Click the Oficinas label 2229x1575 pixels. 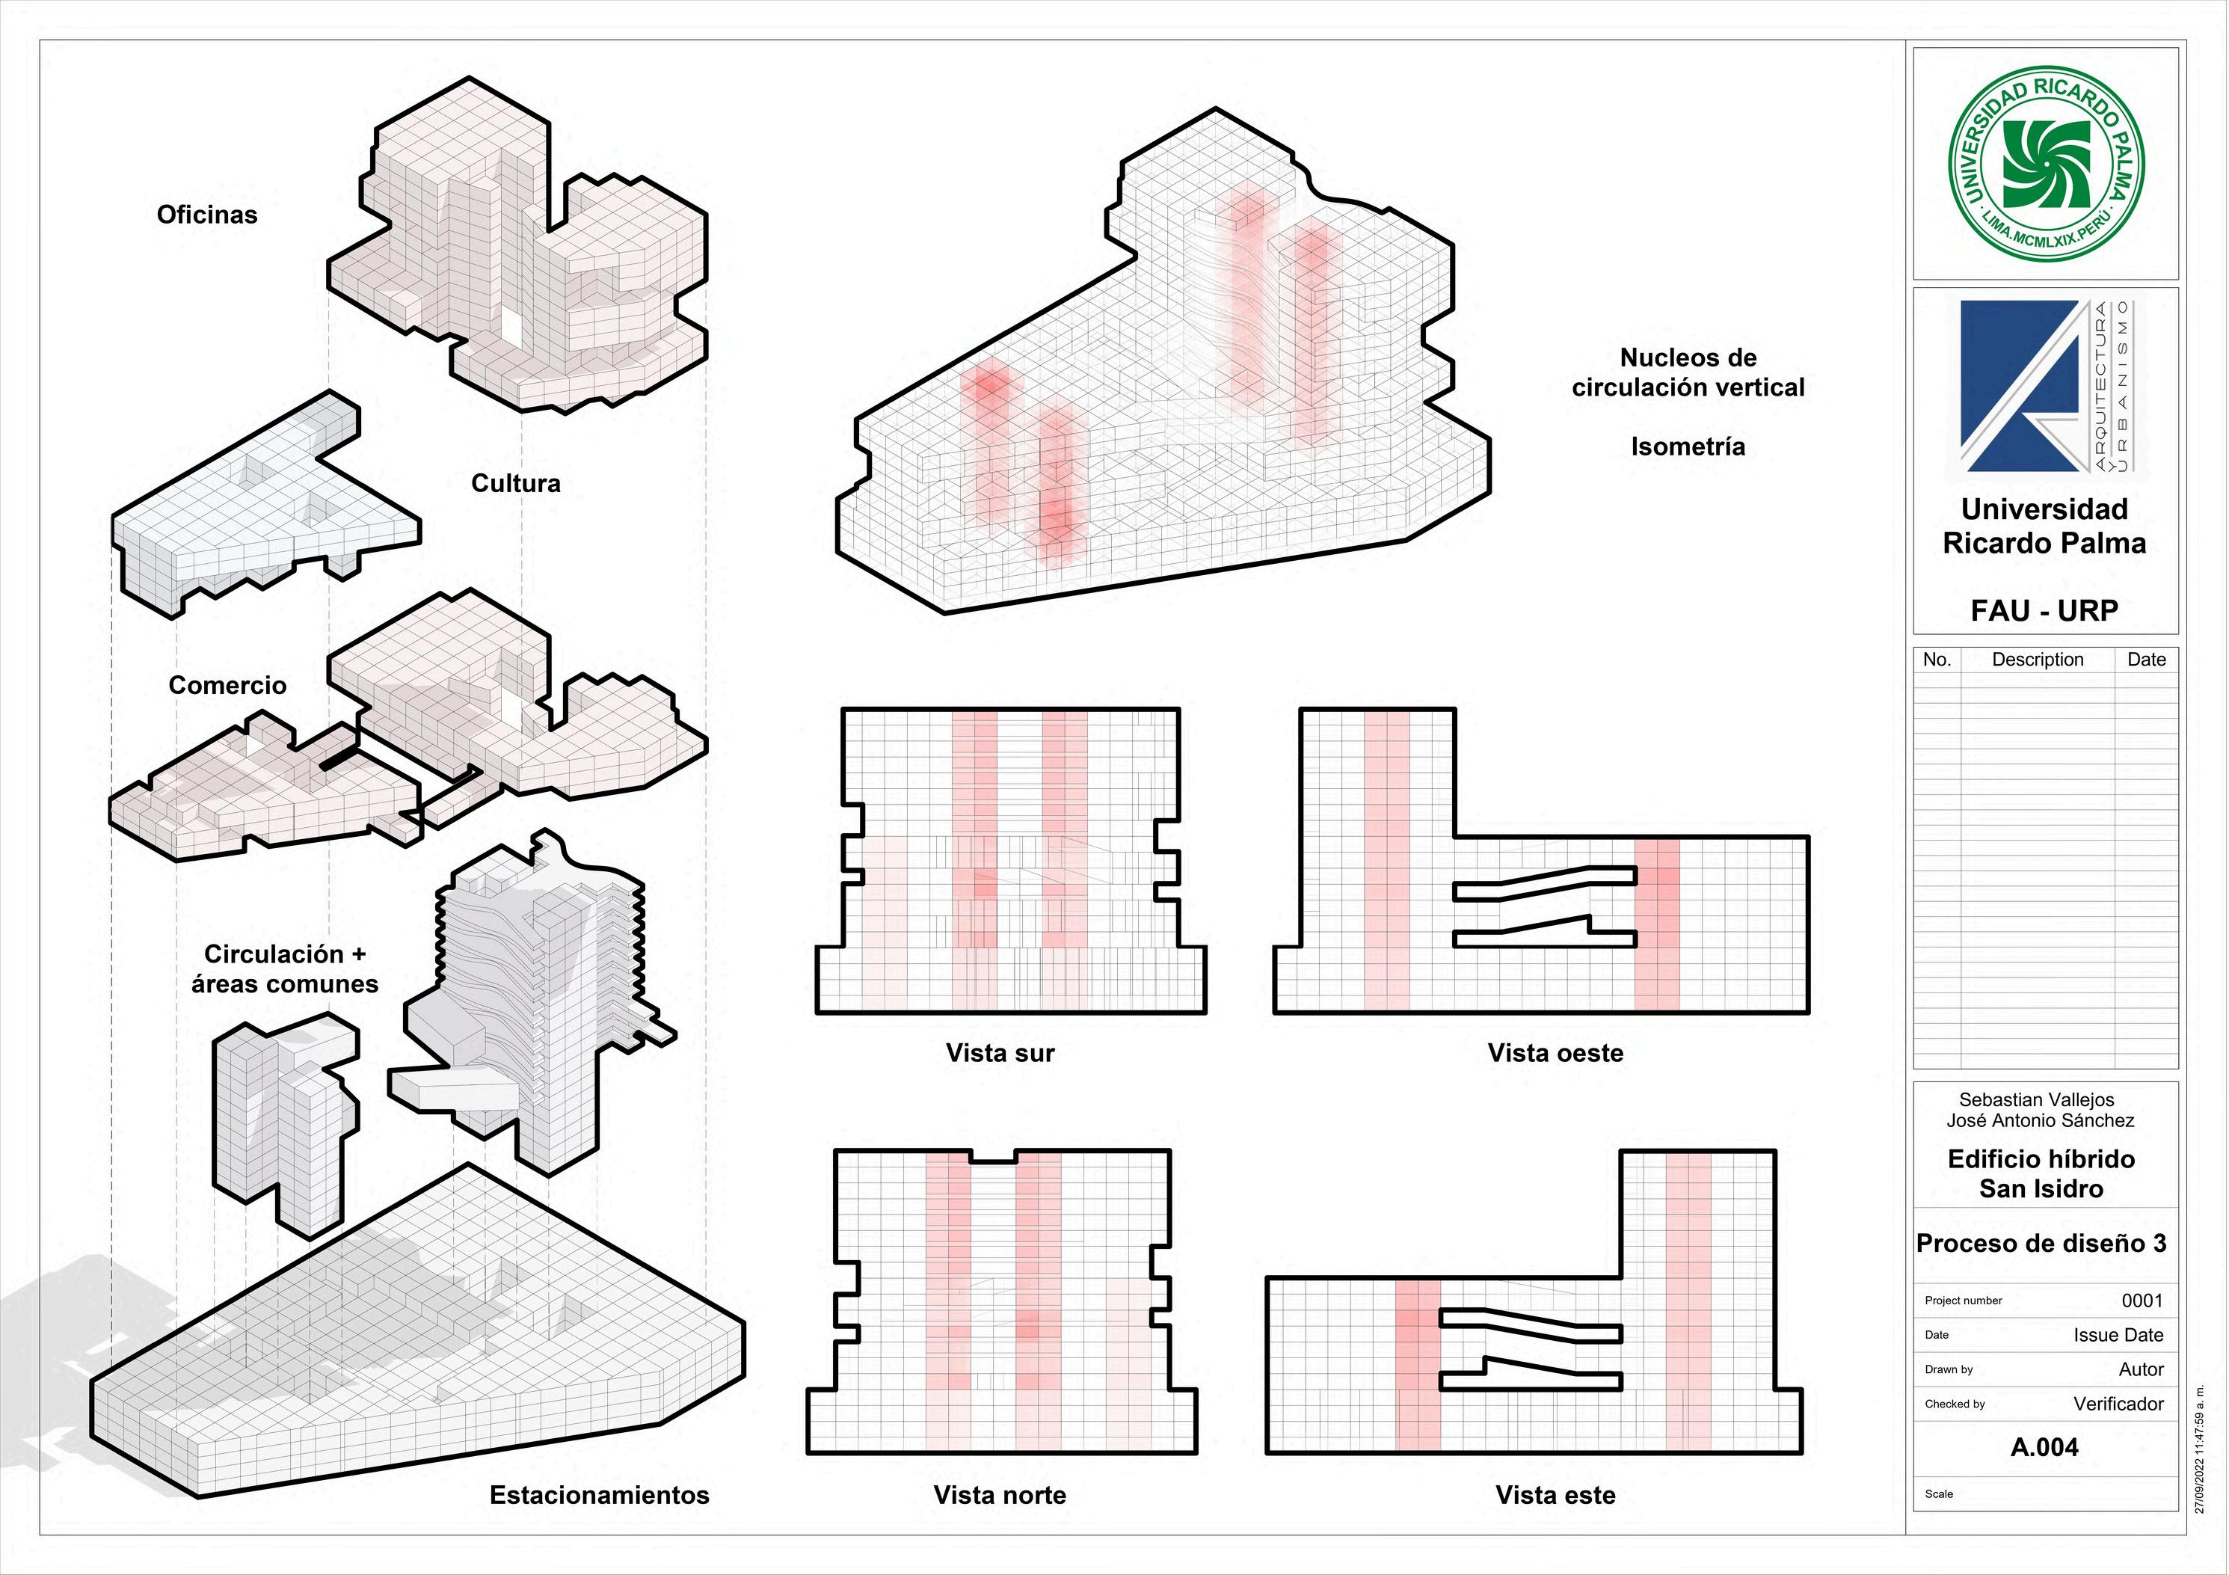[207, 215]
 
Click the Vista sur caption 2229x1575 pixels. [1000, 1052]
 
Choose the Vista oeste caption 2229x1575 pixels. [1555, 1052]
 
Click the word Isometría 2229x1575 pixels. [1688, 446]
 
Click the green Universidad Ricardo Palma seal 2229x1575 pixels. [2047, 163]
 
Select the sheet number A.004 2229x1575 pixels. [2044, 1447]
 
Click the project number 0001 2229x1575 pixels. [2142, 1301]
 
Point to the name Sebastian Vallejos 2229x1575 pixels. [2036, 1099]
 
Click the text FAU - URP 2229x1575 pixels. [2044, 611]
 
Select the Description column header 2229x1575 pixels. [2038, 660]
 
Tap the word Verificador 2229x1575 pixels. [2118, 1403]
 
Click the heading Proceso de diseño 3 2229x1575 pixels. [2041, 1243]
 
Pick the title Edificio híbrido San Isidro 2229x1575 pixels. [2041, 1173]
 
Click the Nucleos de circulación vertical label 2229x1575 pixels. [1688, 372]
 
